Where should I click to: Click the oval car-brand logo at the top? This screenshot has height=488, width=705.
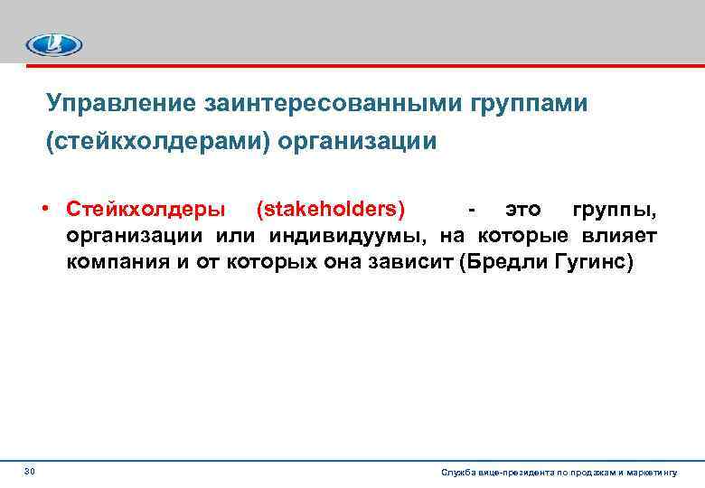click(x=54, y=44)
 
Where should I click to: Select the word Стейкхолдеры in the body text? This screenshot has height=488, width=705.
click(x=146, y=210)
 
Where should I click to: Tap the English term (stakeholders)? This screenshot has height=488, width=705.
click(x=331, y=210)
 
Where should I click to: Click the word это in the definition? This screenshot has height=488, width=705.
click(x=523, y=210)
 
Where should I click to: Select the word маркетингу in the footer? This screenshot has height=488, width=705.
click(x=662, y=473)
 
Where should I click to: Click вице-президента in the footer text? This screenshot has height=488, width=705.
click(x=513, y=473)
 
